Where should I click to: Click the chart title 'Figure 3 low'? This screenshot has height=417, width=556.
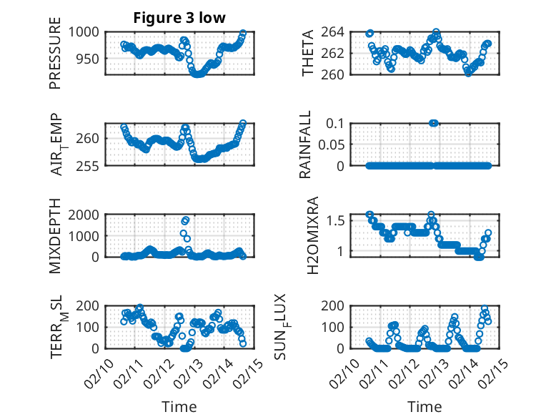pyautogui.click(x=179, y=18)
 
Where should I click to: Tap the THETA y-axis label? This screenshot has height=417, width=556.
pyautogui.click(x=308, y=54)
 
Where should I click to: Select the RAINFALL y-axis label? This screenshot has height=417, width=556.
pyautogui.click(x=305, y=144)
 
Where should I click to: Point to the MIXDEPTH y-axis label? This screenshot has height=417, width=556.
pyautogui.click(x=55, y=236)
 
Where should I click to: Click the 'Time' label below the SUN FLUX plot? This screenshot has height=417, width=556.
pyautogui.click(x=425, y=406)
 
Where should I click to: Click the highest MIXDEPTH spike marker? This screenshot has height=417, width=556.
pyautogui.click(x=186, y=220)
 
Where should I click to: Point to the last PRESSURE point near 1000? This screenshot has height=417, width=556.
pyautogui.click(x=243, y=33)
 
